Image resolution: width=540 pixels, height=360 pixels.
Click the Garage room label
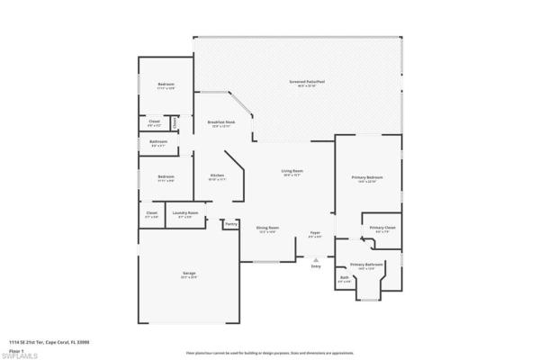pyautogui.click(x=189, y=274)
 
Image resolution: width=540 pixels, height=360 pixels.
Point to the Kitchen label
pyautogui.click(x=217, y=176)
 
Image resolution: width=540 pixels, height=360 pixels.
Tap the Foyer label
pyautogui.click(x=315, y=234)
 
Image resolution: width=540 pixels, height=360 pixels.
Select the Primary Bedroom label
pyautogui.click(x=364, y=179)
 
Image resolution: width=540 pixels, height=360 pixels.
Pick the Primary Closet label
pyautogui.click(x=383, y=229)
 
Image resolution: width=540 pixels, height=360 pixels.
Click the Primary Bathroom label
pyautogui.click(x=367, y=265)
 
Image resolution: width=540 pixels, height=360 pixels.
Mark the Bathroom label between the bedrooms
pyautogui.click(x=158, y=143)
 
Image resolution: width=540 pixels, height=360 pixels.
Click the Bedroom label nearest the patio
pyautogui.click(x=166, y=87)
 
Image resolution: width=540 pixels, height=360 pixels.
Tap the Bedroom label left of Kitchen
pyautogui.click(x=166, y=177)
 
